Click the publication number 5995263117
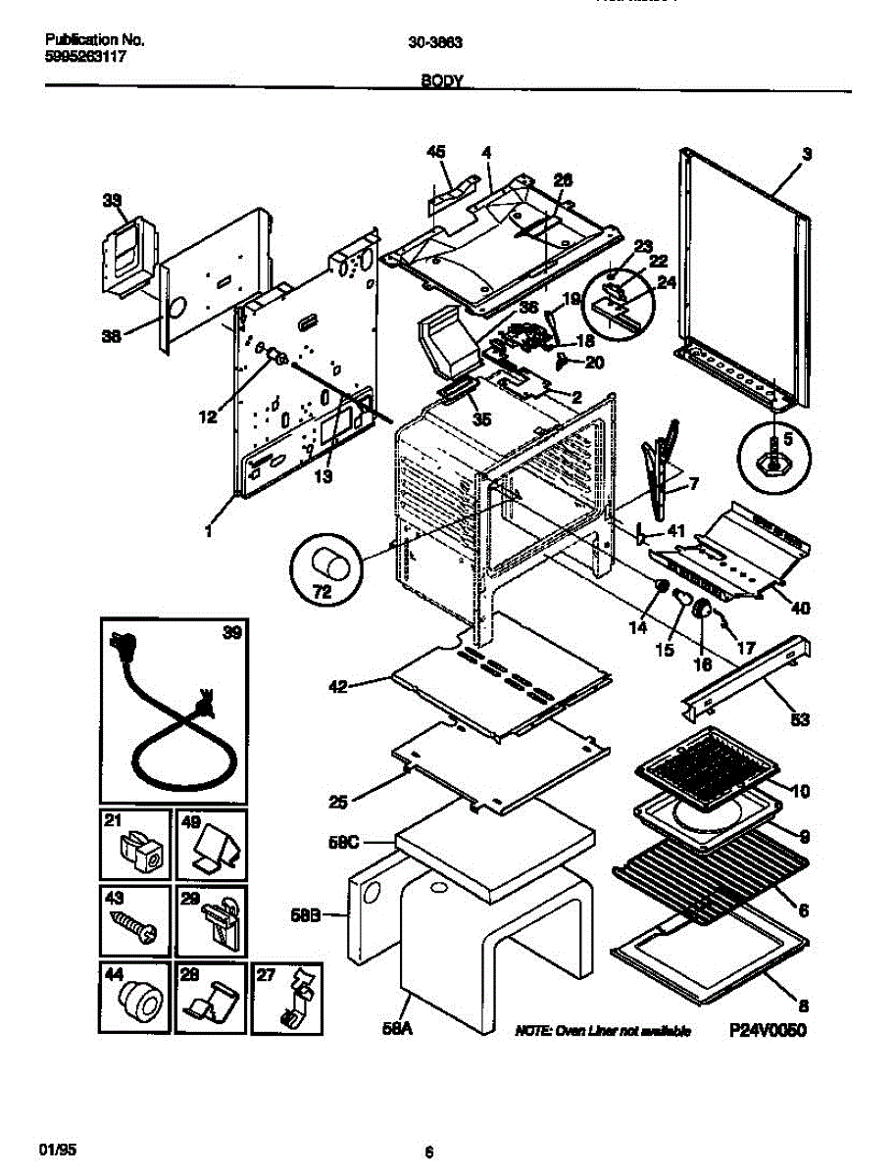click(85, 57)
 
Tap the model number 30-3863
click(436, 42)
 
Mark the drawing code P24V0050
click(767, 1031)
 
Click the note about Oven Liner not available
click(604, 1031)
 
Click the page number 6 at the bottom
click(429, 1151)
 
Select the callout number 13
click(323, 477)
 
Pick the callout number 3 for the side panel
click(806, 154)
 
